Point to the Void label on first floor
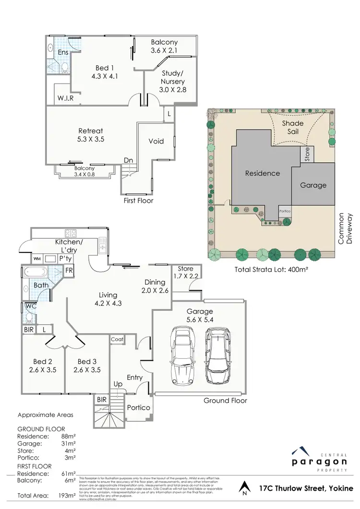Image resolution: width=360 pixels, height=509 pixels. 156,141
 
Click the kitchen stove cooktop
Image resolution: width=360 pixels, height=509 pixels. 71,234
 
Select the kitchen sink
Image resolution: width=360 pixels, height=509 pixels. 102,245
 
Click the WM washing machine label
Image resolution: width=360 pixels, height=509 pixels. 37,259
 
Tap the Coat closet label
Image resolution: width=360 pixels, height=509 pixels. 117,339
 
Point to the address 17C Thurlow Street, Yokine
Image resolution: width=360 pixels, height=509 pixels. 306,488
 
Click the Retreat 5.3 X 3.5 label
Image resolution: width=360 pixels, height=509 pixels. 91,135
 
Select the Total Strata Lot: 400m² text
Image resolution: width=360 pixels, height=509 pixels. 271,270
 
